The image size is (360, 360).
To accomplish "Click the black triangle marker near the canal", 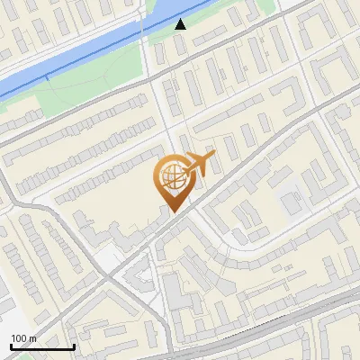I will (181, 24).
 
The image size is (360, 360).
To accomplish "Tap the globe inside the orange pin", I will (171, 176).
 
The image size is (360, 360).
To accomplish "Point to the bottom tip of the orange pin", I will (172, 212).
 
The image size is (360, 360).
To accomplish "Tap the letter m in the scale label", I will (32, 338).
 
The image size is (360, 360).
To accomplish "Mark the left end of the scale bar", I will (10, 346).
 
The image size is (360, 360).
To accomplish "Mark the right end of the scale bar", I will (74, 346).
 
